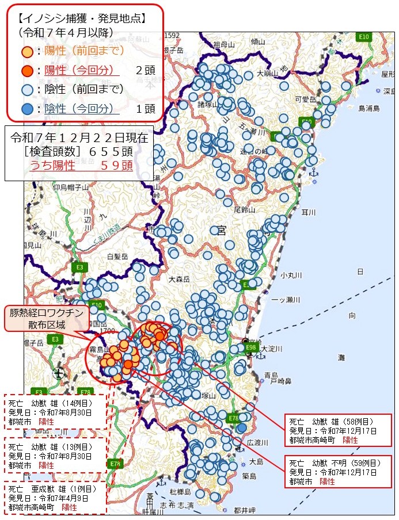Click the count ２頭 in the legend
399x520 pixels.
coord(145,71)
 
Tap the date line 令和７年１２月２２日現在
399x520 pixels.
coord(79,138)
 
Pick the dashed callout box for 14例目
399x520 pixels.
coord(55,411)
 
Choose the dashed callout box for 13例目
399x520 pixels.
coord(55,455)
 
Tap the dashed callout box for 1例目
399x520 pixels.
coord(55,498)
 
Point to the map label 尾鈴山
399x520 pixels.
coord(244,210)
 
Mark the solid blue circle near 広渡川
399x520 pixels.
coord(242,427)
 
